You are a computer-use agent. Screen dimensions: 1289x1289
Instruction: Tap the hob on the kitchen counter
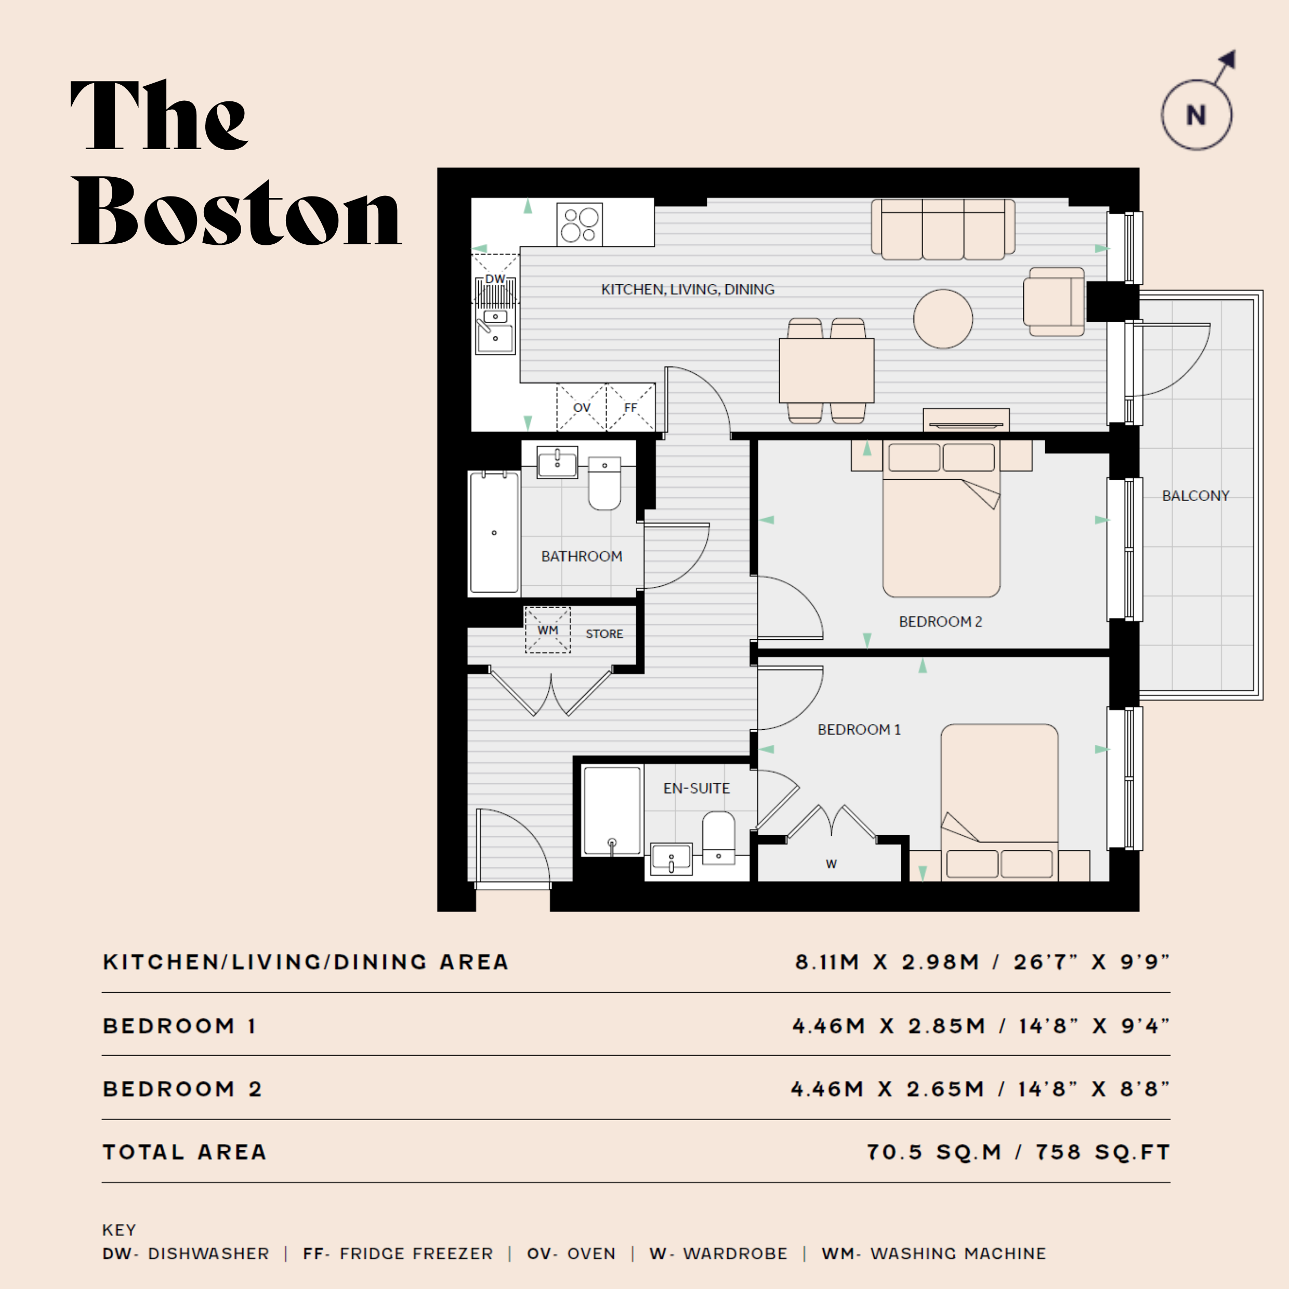click(579, 224)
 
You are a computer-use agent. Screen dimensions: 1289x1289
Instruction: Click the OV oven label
click(582, 407)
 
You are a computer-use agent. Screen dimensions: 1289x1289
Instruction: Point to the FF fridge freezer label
click(630, 407)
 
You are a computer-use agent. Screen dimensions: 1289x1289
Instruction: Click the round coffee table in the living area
click(943, 319)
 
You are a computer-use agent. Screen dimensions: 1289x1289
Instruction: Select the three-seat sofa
click(943, 229)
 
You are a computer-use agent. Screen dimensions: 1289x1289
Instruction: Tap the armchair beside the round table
click(1054, 301)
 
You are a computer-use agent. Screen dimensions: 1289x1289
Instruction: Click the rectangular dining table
click(826, 370)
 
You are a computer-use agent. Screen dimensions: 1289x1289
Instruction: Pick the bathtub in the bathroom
click(494, 532)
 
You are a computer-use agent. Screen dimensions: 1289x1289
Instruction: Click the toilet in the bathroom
click(604, 483)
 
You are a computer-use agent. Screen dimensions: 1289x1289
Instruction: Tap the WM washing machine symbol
click(548, 629)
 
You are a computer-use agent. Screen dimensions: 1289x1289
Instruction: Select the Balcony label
click(1195, 496)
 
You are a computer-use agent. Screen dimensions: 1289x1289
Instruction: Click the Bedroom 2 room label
click(940, 621)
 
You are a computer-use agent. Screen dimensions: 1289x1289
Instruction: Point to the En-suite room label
click(696, 788)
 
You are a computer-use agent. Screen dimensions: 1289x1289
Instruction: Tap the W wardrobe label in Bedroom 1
click(831, 864)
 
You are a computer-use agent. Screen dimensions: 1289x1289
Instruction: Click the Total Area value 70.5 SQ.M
click(934, 1152)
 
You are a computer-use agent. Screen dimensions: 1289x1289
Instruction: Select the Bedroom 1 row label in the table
click(179, 1025)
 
